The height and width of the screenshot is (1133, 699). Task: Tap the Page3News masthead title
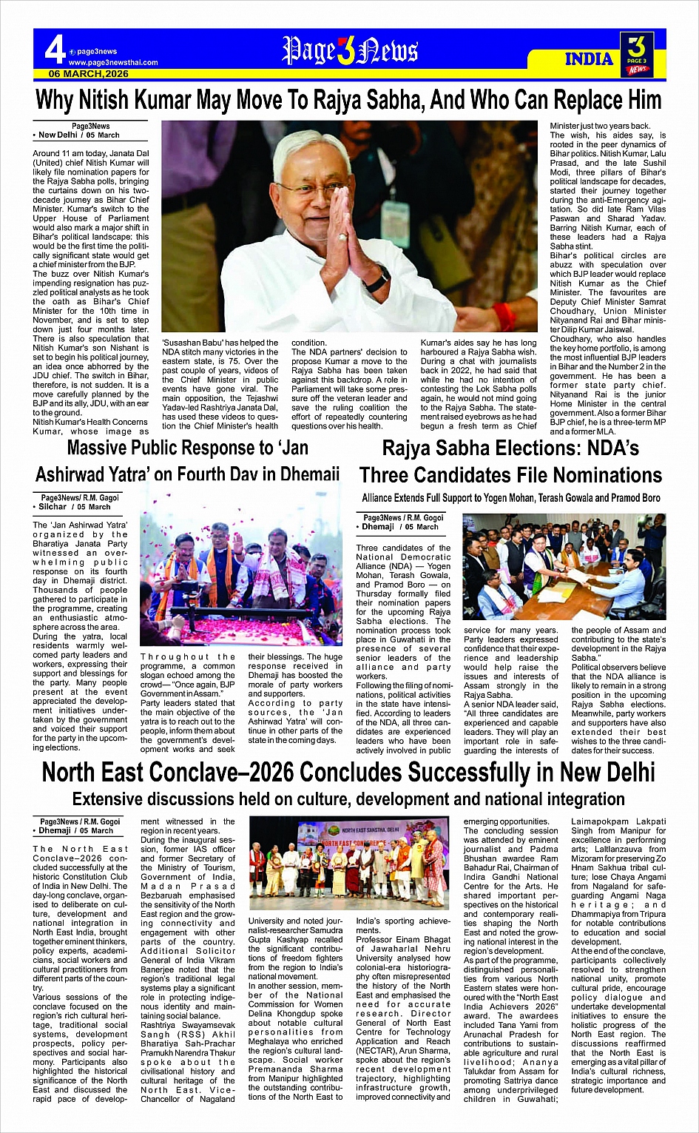pyautogui.click(x=350, y=50)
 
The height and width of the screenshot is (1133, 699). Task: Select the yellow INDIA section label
pyautogui.click(x=589, y=59)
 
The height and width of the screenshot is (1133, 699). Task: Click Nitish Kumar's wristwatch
pyautogui.click(x=377, y=280)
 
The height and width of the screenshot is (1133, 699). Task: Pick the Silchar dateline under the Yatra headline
pyautogui.click(x=67, y=507)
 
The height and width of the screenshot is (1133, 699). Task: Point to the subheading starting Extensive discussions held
pyautogui.click(x=348, y=799)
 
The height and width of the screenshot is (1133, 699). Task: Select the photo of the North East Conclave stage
pyautogui.click(x=349, y=862)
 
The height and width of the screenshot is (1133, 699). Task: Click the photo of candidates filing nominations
pyautogui.click(x=564, y=567)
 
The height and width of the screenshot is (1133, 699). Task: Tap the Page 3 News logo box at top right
pyautogui.click(x=636, y=54)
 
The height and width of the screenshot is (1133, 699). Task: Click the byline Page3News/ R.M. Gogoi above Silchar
pyautogui.click(x=79, y=498)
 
